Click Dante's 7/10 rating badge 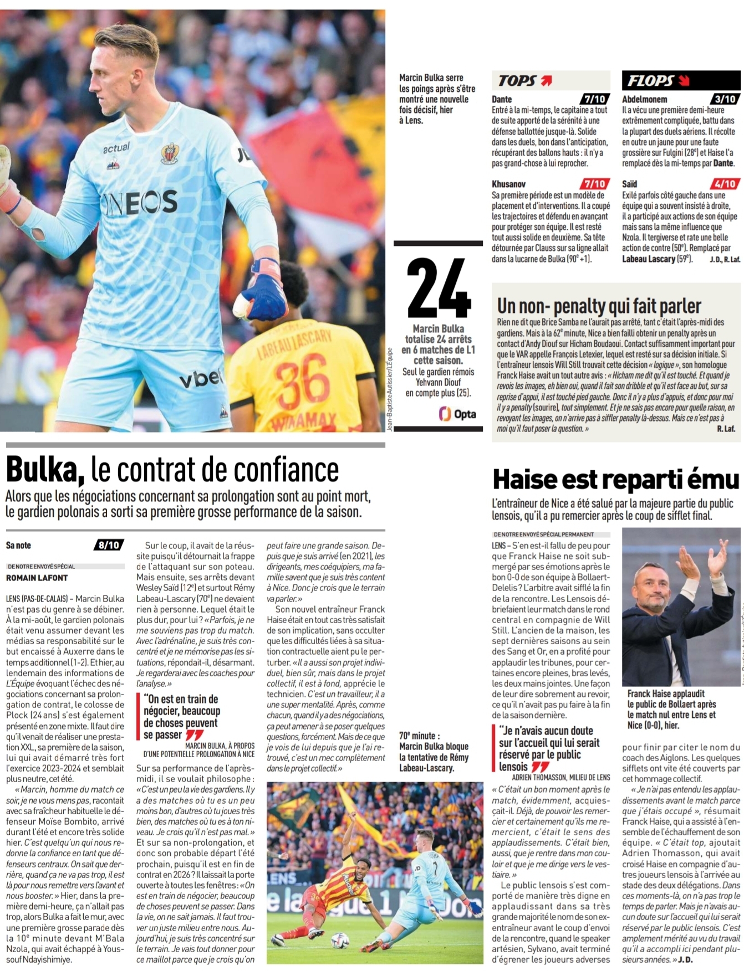[x=595, y=99]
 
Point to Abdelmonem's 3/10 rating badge [x=725, y=99]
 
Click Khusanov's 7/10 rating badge [x=595, y=184]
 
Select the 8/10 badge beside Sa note [x=109, y=545]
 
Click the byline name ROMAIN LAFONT [x=37, y=578]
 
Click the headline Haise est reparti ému [x=615, y=480]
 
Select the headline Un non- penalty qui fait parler [x=599, y=306]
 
